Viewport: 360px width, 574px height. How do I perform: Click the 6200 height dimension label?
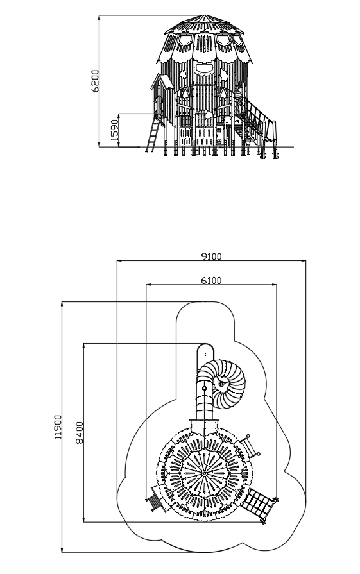tap(95, 81)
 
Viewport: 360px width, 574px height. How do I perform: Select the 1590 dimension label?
tap(115, 130)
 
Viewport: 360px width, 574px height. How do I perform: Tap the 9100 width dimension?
tap(211, 257)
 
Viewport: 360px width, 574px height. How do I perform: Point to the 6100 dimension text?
tap(211, 280)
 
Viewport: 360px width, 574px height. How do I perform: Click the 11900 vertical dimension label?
tap(58, 427)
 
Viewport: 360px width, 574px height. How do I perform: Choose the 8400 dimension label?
tap(80, 433)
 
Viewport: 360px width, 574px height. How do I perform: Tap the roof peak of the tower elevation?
tap(203, 15)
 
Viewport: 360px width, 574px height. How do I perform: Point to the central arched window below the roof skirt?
tap(204, 69)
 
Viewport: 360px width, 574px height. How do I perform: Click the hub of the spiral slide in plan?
tap(221, 384)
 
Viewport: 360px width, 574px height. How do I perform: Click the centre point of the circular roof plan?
tap(204, 473)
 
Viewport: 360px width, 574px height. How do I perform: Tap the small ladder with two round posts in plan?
tap(250, 446)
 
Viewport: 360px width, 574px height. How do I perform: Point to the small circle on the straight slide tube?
tap(205, 388)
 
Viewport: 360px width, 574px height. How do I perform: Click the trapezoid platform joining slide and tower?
tap(204, 426)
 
